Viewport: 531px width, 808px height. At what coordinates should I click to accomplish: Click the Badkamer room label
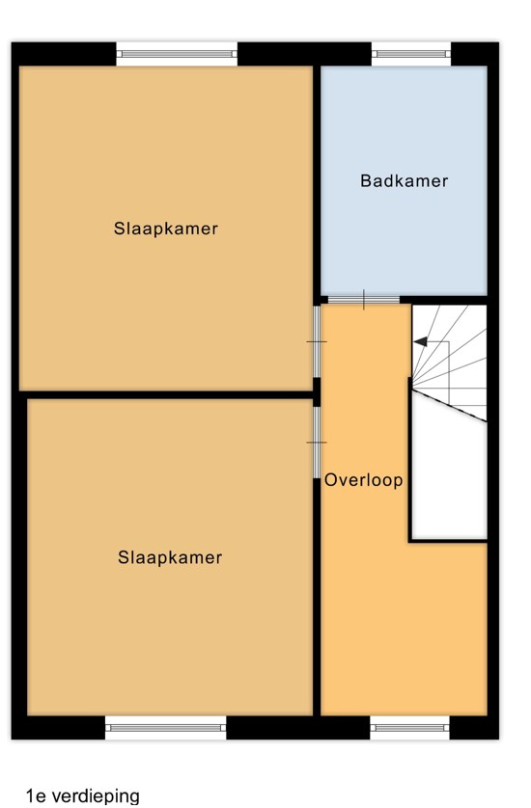pyautogui.click(x=405, y=181)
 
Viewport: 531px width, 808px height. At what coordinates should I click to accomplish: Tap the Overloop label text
pyautogui.click(x=363, y=480)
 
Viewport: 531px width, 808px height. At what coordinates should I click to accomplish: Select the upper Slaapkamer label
pyautogui.click(x=166, y=229)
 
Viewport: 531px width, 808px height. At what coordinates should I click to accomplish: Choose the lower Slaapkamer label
pyautogui.click(x=170, y=557)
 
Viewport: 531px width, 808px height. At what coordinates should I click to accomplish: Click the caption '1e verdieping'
pyautogui.click(x=83, y=795)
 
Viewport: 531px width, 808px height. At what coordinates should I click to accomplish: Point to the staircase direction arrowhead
pyautogui.click(x=420, y=341)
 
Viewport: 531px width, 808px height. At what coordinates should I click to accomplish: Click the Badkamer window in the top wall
pyautogui.click(x=411, y=54)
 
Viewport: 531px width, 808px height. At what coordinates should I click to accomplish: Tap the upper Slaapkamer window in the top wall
pyautogui.click(x=177, y=54)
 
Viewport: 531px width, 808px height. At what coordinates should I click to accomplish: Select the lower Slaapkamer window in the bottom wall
pyautogui.click(x=166, y=728)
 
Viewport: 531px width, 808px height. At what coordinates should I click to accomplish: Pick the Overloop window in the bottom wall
pyautogui.click(x=409, y=728)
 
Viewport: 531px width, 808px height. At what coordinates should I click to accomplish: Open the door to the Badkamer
pyautogui.click(x=364, y=300)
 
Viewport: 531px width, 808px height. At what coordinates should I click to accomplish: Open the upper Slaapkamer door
pyautogui.click(x=317, y=341)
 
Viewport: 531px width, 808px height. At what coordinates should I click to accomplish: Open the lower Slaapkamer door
pyautogui.click(x=317, y=443)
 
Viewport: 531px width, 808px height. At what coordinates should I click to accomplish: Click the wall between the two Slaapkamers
pyautogui.click(x=166, y=394)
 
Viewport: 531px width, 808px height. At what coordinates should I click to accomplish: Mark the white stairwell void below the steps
pyautogui.click(x=449, y=479)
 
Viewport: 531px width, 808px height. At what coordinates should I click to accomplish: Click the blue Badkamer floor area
pyautogui.click(x=405, y=180)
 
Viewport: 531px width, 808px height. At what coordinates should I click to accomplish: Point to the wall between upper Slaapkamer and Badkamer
pyautogui.click(x=317, y=180)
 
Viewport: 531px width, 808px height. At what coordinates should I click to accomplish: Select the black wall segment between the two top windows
pyautogui.click(x=304, y=54)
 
